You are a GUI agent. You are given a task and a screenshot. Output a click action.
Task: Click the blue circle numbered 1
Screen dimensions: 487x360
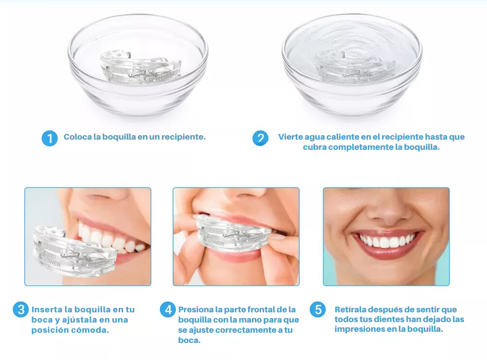[50, 138]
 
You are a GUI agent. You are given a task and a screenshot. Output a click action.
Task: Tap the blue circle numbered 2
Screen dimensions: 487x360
[260, 138]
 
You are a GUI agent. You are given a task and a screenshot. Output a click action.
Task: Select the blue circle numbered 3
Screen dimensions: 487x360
[21, 310]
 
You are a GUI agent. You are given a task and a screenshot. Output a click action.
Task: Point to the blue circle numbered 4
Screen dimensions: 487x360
[168, 310]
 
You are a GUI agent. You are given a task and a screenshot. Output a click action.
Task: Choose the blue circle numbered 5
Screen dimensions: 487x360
[318, 310]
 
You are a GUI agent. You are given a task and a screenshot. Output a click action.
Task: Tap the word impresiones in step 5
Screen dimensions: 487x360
[357, 329]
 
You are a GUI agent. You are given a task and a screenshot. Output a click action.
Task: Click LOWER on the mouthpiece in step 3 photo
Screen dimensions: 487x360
[52, 262]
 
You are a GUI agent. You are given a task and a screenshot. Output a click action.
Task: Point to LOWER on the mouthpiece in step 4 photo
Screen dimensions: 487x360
[216, 243]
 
